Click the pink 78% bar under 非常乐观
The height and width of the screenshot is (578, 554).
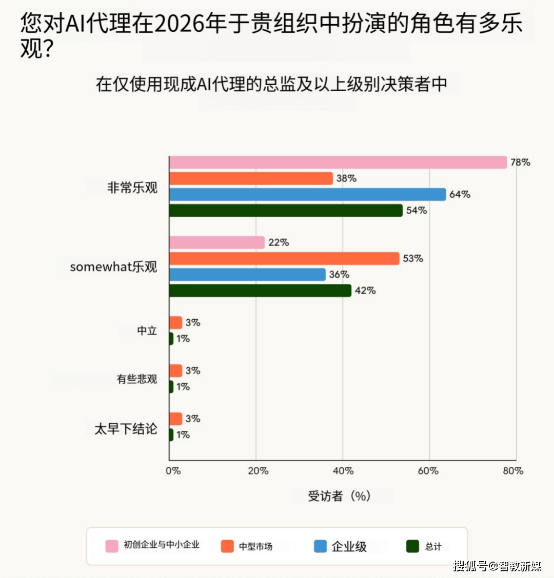click(338, 162)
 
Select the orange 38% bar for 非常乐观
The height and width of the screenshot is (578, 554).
click(251, 178)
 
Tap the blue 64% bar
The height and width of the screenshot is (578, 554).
click(307, 194)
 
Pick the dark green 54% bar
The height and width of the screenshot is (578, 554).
click(286, 210)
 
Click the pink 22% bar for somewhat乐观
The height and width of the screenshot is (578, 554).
click(217, 242)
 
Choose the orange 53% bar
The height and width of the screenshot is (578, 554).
click(284, 258)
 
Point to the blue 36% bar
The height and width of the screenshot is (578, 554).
click(247, 275)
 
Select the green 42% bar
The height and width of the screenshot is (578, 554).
click(260, 291)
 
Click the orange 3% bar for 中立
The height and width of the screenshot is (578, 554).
click(176, 322)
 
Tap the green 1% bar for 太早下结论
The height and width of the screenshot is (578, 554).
click(171, 435)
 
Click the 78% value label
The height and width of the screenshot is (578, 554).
click(520, 162)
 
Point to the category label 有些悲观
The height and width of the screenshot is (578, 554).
click(136, 379)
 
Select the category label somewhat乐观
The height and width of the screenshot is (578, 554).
click(113, 267)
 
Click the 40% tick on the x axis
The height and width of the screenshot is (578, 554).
click(343, 471)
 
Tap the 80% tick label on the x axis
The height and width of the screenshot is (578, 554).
click(512, 471)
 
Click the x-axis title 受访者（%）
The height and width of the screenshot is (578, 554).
click(339, 496)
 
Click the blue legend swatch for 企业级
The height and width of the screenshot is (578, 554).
click(320, 546)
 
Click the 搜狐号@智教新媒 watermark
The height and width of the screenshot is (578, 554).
click(497, 566)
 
